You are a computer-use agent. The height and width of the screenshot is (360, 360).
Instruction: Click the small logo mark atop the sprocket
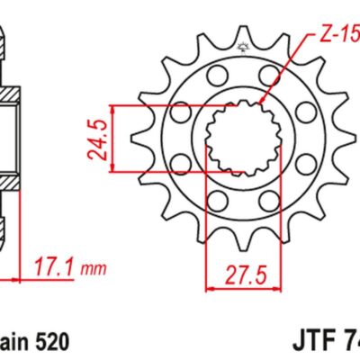tap(241, 46)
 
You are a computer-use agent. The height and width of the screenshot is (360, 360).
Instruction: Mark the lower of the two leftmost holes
tap(180, 164)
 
